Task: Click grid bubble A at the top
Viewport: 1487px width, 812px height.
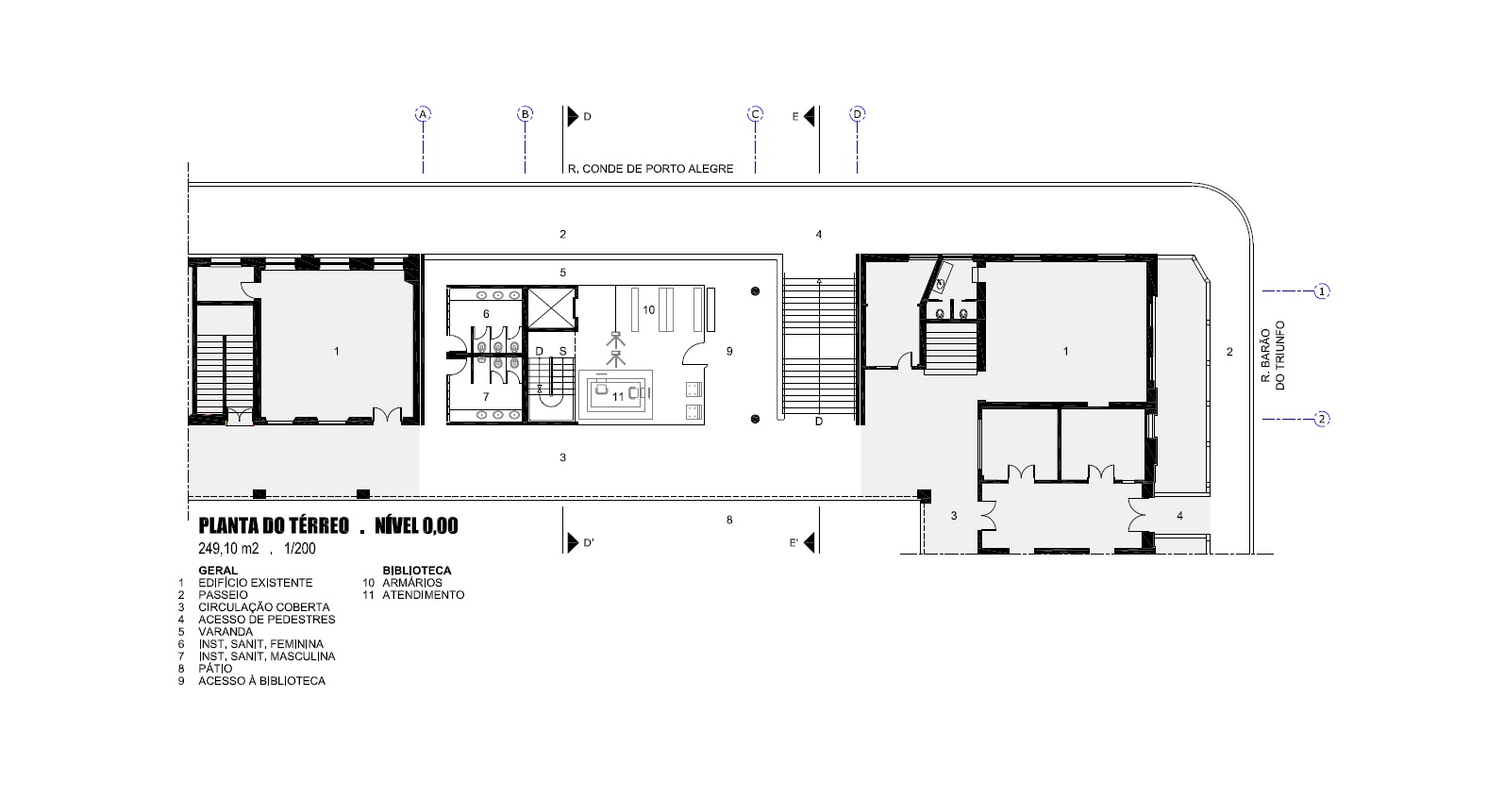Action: (423, 114)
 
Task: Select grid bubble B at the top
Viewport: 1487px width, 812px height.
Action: (526, 114)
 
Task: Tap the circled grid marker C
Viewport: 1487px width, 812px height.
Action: (755, 114)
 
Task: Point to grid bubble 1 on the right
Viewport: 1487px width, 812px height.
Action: (1322, 291)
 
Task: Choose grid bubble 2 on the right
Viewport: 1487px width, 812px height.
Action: (1322, 420)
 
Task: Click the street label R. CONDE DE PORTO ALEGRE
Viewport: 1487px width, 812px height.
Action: (651, 169)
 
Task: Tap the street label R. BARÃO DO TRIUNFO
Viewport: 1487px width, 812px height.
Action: (1273, 356)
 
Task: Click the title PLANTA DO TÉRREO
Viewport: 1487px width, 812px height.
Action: (274, 526)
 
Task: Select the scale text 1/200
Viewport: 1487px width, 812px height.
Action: (299, 549)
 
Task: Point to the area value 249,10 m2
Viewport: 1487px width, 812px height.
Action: (228, 549)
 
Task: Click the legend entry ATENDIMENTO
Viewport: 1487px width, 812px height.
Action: (423, 595)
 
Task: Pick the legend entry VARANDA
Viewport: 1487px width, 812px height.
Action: (226, 632)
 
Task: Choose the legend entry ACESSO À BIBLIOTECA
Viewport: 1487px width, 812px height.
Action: (261, 681)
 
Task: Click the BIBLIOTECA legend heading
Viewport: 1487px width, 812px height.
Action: (417, 571)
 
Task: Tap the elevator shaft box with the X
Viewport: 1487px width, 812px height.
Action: (551, 307)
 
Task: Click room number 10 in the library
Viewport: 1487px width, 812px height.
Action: (648, 310)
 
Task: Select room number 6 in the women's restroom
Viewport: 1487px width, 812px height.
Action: (486, 314)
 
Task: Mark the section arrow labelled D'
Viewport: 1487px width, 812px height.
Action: (573, 542)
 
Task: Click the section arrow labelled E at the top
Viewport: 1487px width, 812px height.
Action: (810, 117)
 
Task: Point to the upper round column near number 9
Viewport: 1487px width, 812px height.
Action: (755, 291)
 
